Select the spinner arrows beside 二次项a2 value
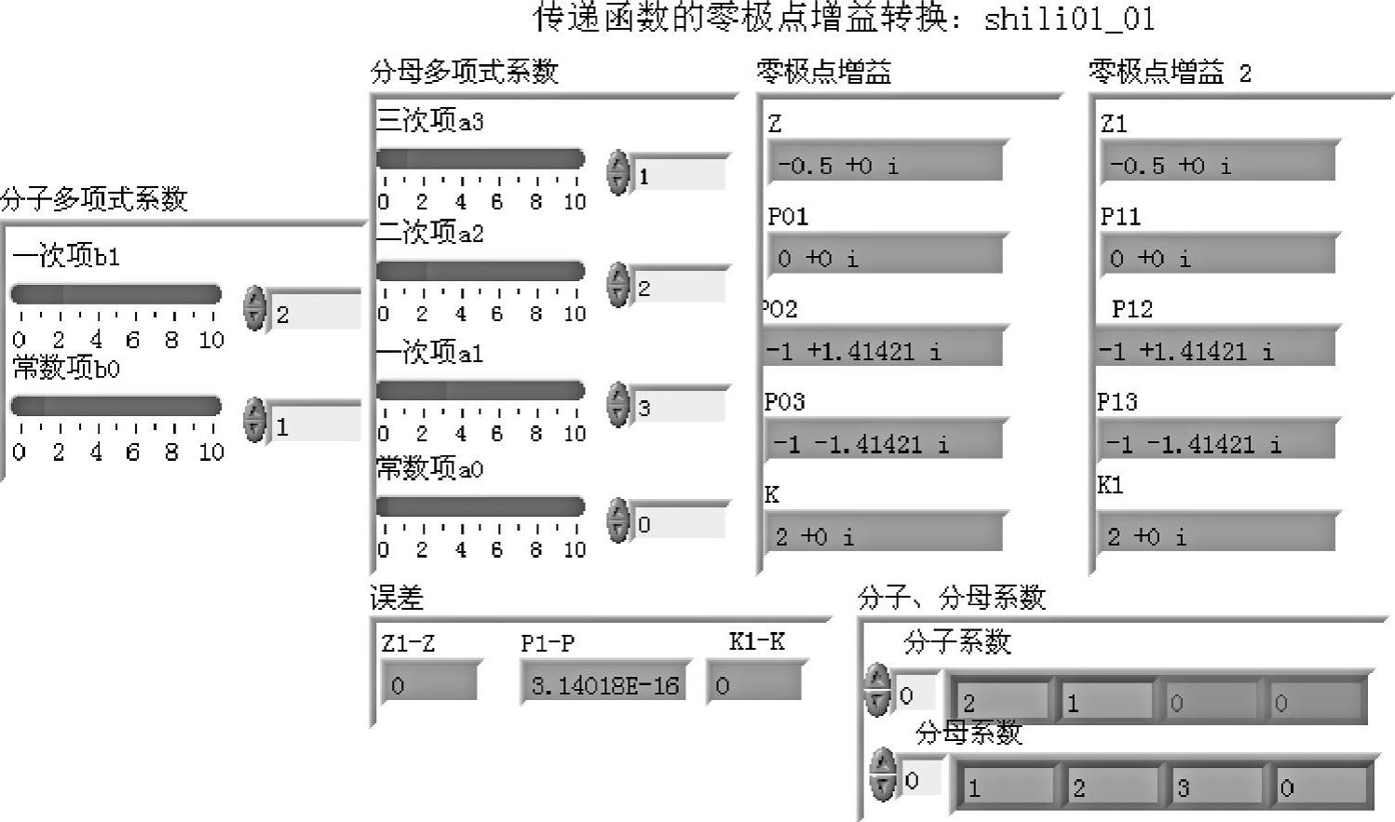click(617, 285)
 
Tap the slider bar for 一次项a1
click(481, 390)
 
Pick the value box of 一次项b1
click(315, 314)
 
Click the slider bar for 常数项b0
click(116, 406)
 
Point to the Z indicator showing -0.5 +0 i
click(885, 165)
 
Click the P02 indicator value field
click(883, 350)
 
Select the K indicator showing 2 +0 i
click(885, 535)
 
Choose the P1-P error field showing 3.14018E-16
click(604, 685)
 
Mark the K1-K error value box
click(754, 685)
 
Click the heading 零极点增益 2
click(1170, 73)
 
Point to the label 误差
click(397, 598)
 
